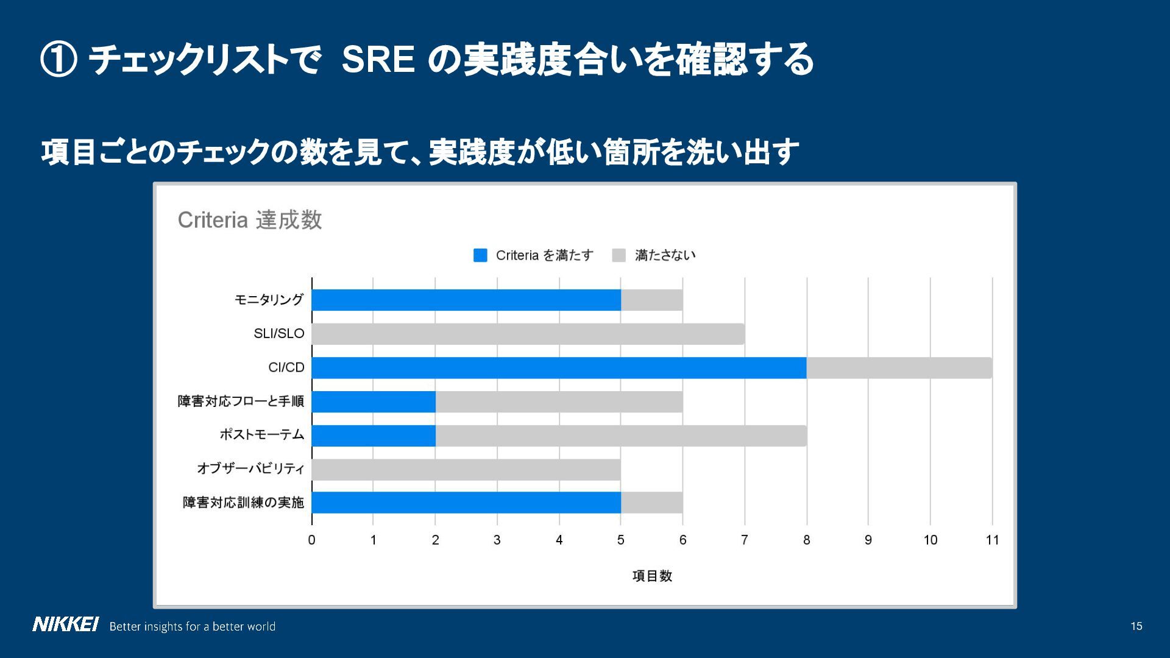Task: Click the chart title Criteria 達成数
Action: [249, 220]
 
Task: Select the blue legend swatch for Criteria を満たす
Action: [480, 255]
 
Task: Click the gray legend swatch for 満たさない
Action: [619, 255]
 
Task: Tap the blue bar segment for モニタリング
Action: [466, 300]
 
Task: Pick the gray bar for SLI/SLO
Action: [528, 334]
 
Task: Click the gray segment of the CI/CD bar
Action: [899, 368]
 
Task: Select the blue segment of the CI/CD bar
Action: [559, 368]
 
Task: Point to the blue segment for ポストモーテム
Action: [374, 436]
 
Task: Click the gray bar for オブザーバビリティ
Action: [466, 470]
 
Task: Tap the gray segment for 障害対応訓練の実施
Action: [651, 503]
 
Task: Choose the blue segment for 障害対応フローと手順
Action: [374, 402]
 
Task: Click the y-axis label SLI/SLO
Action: [278, 334]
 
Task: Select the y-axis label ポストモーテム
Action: [261, 435]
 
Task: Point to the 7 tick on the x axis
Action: [744, 540]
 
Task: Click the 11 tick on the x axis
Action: [992, 540]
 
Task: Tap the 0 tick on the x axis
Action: [311, 540]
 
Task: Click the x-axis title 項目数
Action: [651, 576]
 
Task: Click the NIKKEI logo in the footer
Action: [65, 625]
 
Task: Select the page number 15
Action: [1136, 626]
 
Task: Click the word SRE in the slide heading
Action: [378, 60]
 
